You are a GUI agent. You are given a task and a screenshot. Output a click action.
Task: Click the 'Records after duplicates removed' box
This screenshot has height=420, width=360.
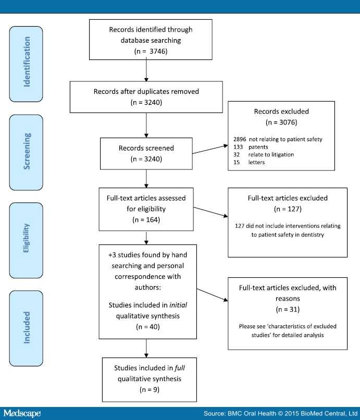pos(146,97)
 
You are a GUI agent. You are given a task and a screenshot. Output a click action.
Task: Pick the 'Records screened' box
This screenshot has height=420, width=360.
pos(146,152)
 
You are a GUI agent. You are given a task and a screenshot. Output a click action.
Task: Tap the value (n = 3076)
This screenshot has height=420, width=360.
pos(281,124)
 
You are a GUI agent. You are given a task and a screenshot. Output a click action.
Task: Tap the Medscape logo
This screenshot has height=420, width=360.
pos(22,414)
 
